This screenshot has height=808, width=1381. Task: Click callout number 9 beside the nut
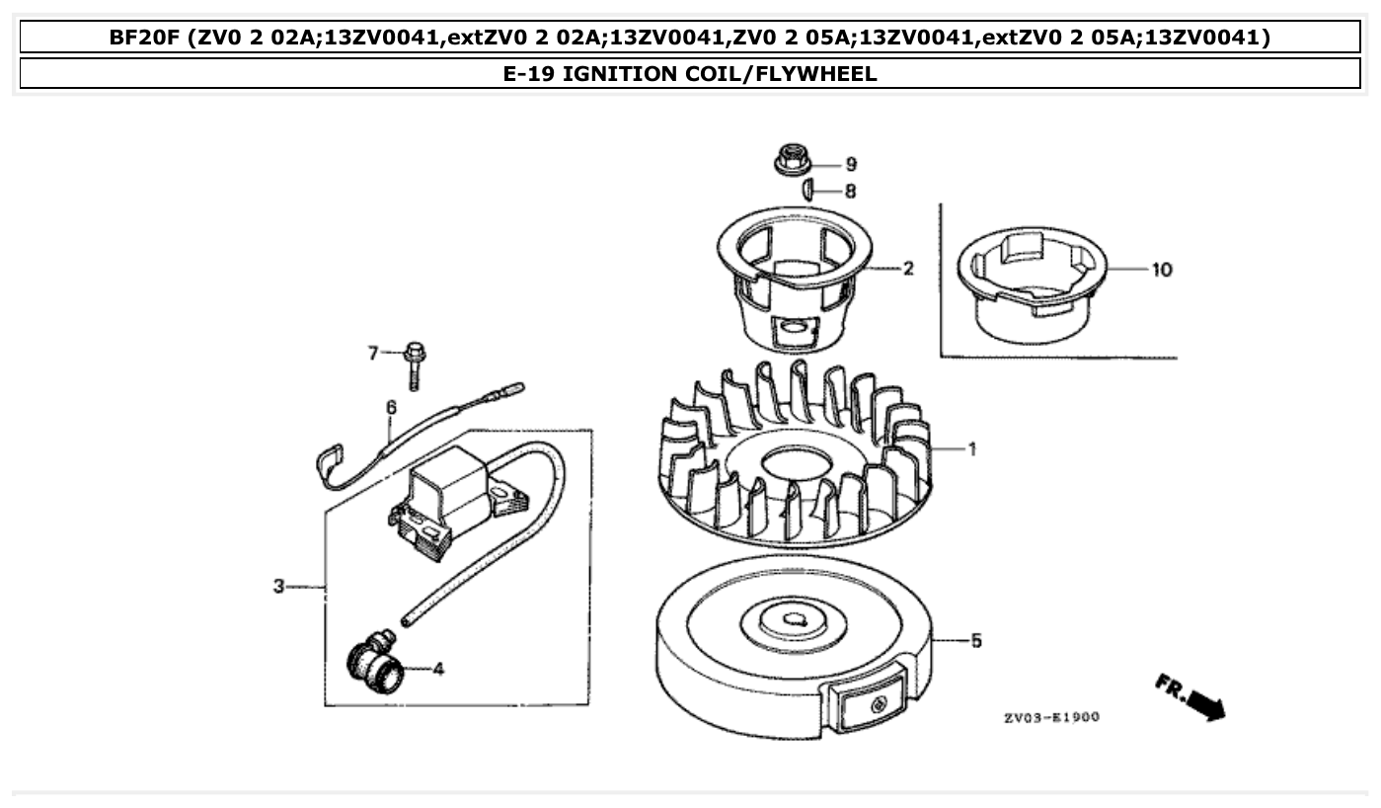pos(850,164)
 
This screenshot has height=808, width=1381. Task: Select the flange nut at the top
pos(789,158)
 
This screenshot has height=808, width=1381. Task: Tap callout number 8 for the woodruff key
pos(850,191)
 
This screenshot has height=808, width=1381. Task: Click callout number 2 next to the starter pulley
pos(907,269)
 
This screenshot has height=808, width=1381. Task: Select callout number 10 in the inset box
pos(1161,270)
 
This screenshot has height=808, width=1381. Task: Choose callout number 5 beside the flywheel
pos(975,641)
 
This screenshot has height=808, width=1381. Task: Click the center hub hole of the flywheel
pos(792,619)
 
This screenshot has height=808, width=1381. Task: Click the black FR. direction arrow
pos(1205,704)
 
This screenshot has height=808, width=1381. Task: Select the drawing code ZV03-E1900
pos(1051,717)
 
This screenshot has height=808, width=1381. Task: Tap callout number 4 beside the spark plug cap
pos(438,669)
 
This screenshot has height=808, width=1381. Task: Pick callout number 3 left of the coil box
pos(279,587)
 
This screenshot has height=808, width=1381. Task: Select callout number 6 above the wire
pos(391,407)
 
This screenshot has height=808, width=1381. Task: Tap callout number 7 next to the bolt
pos(373,353)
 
